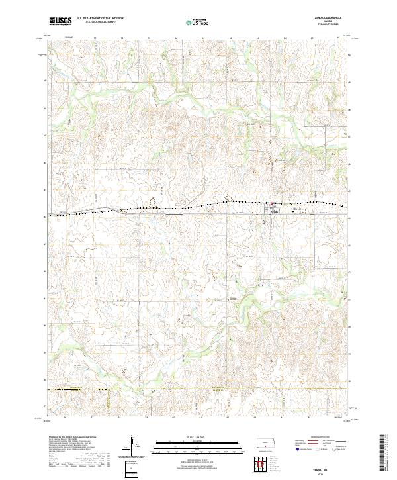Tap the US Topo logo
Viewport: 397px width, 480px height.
[194, 22]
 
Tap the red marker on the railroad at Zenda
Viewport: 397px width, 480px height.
[270, 203]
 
